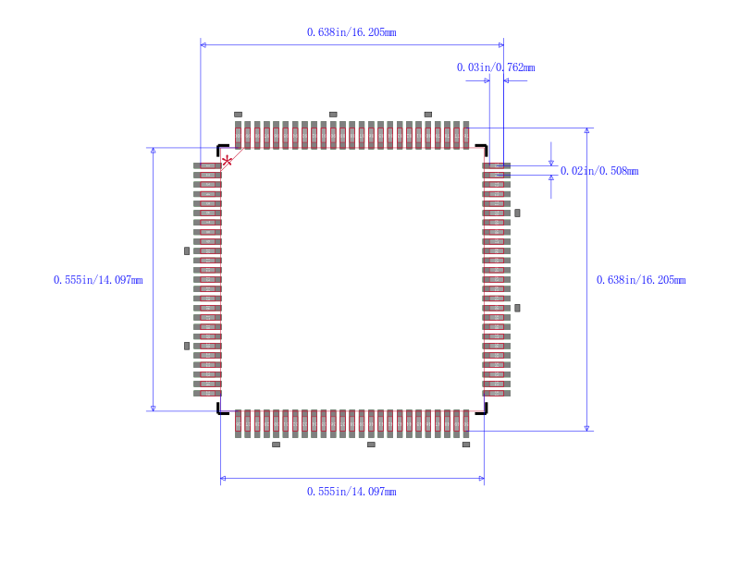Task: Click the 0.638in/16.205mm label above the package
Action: pos(351,32)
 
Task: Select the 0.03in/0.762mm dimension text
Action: pos(496,67)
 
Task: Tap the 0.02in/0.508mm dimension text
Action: pos(599,171)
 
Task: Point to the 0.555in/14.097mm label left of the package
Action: pos(98,280)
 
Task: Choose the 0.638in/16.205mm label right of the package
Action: pos(641,280)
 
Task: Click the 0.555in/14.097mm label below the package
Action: pos(351,492)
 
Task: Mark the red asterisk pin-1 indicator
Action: pos(228,161)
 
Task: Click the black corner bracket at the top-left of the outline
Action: pos(221,148)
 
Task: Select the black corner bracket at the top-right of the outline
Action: pos(482,148)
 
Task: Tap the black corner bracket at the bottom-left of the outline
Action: pos(221,409)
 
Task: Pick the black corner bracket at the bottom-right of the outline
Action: pos(482,409)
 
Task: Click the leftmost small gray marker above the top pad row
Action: pos(238,115)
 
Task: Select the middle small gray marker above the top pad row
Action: pos(333,115)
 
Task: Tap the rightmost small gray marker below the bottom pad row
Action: pos(466,445)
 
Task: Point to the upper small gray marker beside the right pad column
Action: pos(517,213)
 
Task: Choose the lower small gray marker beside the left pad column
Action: pos(187,346)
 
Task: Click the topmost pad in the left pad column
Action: pos(207,165)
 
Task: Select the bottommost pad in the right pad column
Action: pos(496,393)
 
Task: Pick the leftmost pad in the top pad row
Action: pos(238,135)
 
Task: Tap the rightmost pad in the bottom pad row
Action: pos(466,423)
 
